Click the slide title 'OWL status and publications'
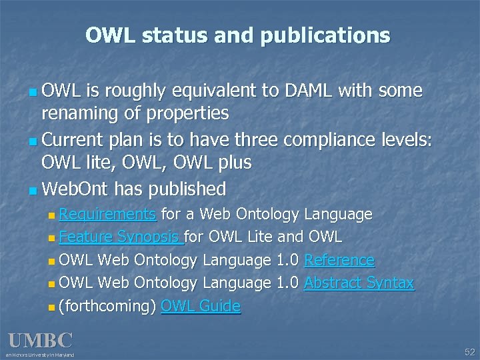[238, 35]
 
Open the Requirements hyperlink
[107, 214]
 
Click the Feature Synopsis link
[120, 237]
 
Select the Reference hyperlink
[339, 260]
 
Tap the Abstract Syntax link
[359, 283]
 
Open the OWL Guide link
[201, 307]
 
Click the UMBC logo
[39, 341]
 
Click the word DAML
[303, 90]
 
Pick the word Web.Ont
[75, 189]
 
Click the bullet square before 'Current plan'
[34, 139]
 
